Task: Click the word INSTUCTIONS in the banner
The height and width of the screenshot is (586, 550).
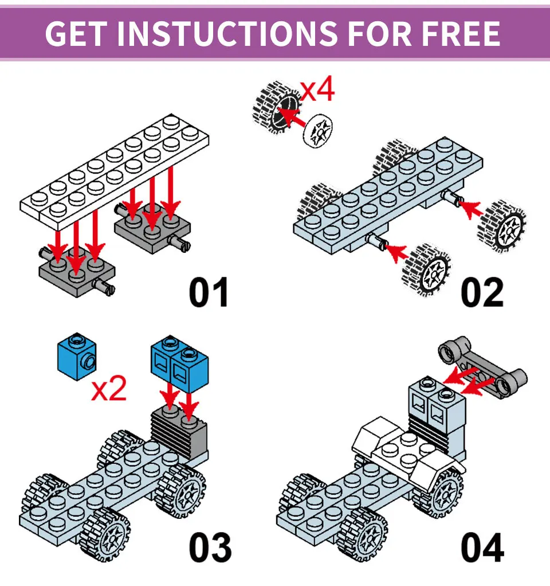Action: click(227, 34)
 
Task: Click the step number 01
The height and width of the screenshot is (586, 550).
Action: click(209, 292)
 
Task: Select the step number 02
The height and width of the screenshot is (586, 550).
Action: click(482, 292)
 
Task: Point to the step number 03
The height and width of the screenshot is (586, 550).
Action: click(210, 548)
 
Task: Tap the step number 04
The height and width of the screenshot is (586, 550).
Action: click(482, 548)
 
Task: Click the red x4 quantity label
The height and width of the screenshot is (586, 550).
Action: click(317, 89)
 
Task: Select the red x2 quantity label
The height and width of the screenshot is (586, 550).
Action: click(109, 389)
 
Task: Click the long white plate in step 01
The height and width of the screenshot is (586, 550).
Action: click(114, 172)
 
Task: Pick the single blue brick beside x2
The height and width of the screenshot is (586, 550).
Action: click(77, 357)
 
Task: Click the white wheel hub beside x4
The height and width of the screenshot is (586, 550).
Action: click(319, 130)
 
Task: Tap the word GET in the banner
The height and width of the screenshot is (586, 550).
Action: click(76, 34)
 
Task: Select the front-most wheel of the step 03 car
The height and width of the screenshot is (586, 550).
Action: click(105, 534)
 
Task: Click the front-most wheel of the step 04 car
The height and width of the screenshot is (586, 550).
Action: click(362, 534)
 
